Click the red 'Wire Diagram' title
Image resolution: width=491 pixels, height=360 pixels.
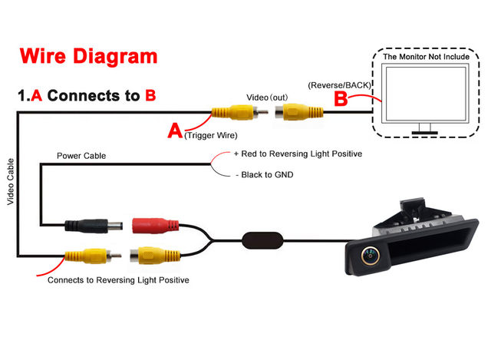(x=88, y=56)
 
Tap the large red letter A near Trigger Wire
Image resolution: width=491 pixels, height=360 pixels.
(x=175, y=131)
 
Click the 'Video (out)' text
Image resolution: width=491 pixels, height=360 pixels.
(x=268, y=97)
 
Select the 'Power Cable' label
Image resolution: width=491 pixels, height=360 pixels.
(x=81, y=156)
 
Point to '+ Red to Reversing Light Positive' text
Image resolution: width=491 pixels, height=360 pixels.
(x=298, y=154)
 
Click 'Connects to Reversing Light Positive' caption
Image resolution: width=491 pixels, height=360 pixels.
(x=118, y=280)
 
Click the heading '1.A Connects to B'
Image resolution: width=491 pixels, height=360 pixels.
(x=87, y=96)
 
